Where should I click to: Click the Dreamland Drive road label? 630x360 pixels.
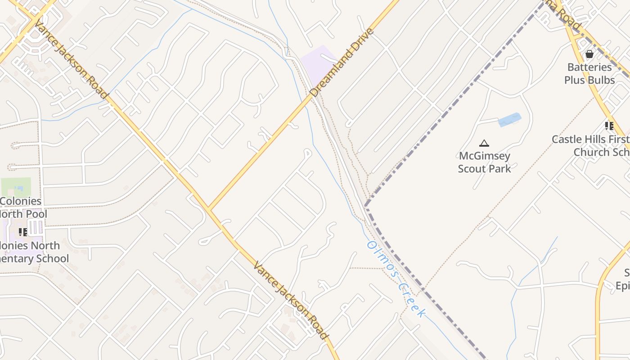coord(342,63)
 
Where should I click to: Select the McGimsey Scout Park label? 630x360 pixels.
coord(485,162)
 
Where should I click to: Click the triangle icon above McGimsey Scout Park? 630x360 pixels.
coord(484,144)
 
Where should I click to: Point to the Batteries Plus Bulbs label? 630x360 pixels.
coord(589,73)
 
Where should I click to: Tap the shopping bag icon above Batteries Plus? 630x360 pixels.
coord(589,54)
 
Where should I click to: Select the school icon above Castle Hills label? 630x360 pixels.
coord(609,126)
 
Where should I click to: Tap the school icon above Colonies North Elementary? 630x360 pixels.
coord(22,232)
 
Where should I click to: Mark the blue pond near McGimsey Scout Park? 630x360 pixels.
coord(509,120)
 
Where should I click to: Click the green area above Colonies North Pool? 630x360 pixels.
coord(16,187)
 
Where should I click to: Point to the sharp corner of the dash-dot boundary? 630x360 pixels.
coord(366,206)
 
